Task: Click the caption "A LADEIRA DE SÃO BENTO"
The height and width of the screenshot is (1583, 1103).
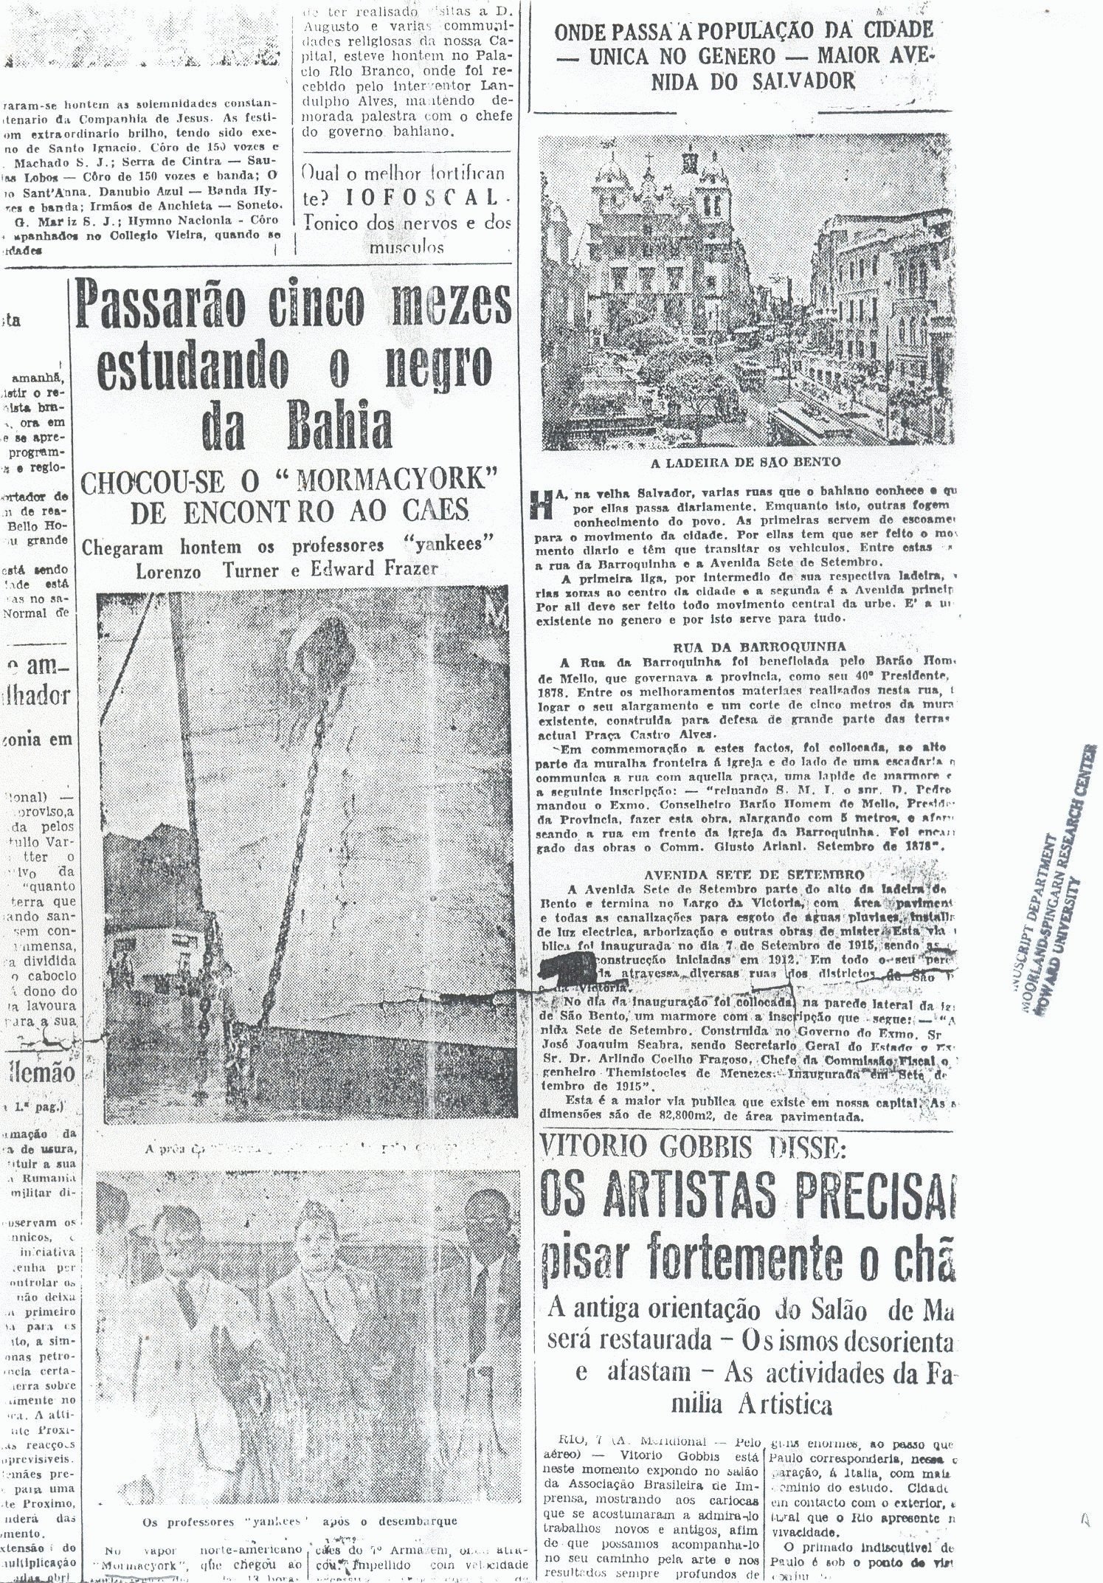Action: coord(744,463)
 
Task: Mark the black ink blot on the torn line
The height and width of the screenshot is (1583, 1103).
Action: coord(569,963)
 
